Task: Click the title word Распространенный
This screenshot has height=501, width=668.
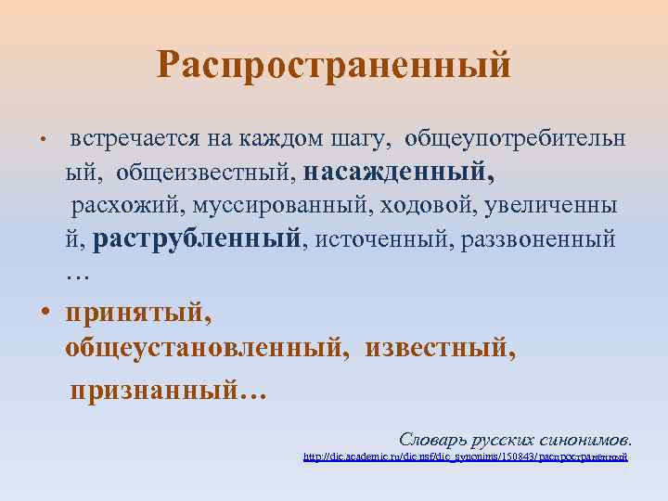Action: pos(334,65)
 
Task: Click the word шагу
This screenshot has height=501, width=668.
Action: pos(344,138)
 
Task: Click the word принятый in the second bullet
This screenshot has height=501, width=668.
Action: pos(138,315)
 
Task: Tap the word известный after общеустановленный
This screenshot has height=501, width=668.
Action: pos(439,349)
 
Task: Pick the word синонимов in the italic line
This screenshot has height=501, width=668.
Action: pos(588,438)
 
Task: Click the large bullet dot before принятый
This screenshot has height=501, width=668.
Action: pos(45,313)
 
